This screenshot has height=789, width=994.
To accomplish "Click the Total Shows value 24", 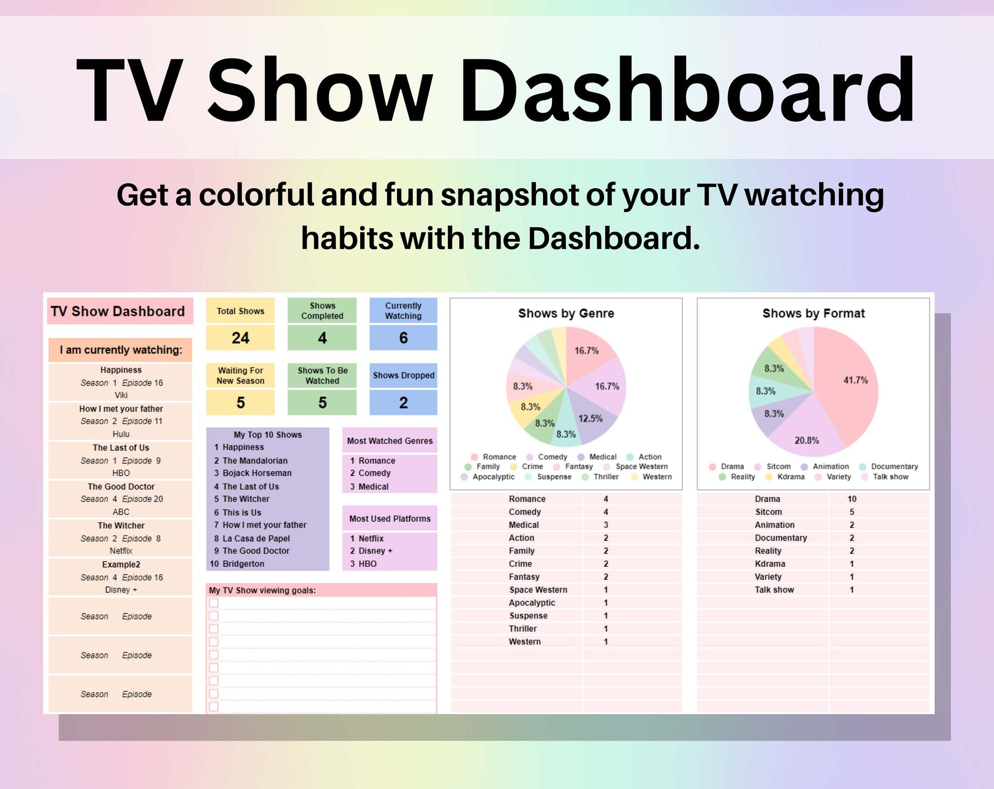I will click(x=240, y=338).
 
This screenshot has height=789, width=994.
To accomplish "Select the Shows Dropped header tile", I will click(x=403, y=375).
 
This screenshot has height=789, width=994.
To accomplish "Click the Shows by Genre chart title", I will click(x=566, y=313).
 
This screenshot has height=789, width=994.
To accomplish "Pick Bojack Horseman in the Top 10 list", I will click(x=257, y=473).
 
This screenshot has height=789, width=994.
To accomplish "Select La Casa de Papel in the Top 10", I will click(x=256, y=538).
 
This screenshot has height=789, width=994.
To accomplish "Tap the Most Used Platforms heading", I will click(x=390, y=519).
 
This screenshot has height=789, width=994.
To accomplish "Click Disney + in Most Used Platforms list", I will click(x=375, y=551).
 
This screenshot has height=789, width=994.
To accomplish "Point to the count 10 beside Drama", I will click(x=852, y=499).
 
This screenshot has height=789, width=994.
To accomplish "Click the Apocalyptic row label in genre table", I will click(x=531, y=603).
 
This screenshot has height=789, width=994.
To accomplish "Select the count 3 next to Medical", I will click(x=606, y=525).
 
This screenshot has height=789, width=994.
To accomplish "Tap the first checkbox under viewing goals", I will click(x=214, y=603).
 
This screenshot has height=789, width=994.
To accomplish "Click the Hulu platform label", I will click(x=121, y=434).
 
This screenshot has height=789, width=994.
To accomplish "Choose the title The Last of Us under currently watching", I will click(x=121, y=448).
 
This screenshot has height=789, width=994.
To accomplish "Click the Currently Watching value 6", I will click(x=403, y=338).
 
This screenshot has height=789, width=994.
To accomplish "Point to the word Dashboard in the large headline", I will click(x=687, y=91).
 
